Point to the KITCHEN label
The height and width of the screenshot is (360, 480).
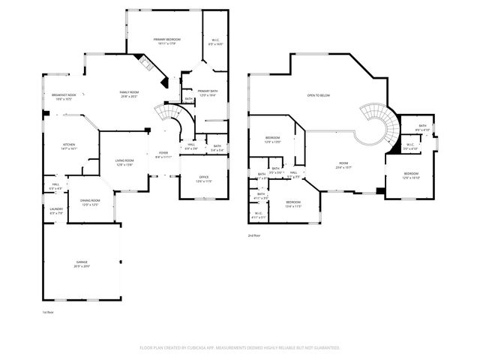point(68,146)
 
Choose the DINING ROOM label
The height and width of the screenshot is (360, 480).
point(91,202)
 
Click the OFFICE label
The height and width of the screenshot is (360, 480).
point(203,179)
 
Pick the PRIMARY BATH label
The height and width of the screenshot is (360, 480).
point(207,92)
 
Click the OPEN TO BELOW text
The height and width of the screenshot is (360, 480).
point(318,96)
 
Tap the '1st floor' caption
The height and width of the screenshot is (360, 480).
point(48,311)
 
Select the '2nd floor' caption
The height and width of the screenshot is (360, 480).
point(255,235)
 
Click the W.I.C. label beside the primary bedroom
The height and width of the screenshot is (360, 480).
point(215,43)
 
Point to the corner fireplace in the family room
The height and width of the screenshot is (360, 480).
point(148,64)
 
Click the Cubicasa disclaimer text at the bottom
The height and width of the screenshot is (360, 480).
point(240,347)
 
